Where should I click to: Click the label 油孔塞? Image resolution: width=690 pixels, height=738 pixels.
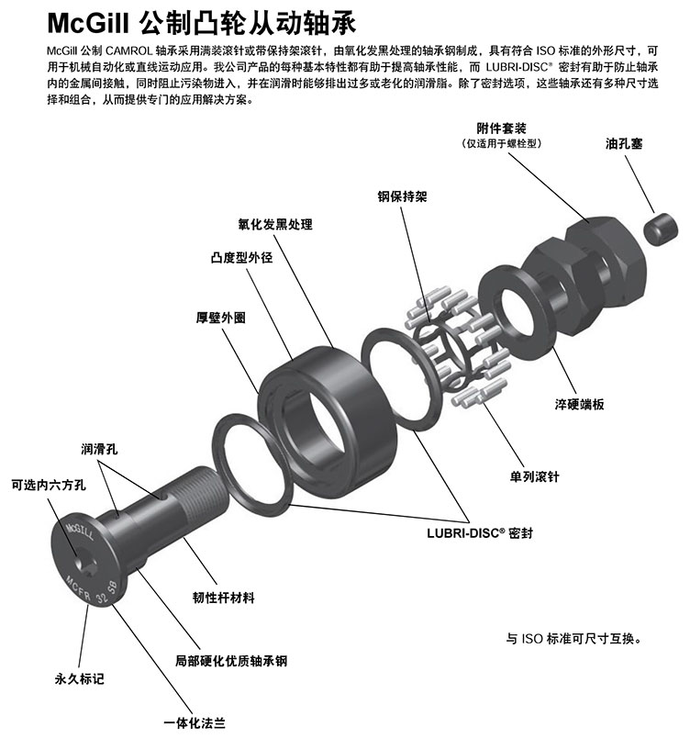click(x=623, y=143)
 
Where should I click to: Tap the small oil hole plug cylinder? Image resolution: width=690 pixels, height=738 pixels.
click(x=661, y=229)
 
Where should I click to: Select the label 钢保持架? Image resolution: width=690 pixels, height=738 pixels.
click(x=402, y=196)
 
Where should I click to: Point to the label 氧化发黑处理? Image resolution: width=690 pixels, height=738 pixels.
click(x=275, y=224)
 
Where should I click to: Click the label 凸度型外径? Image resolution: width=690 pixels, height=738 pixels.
click(x=241, y=257)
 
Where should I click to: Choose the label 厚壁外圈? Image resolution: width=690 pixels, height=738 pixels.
click(x=220, y=318)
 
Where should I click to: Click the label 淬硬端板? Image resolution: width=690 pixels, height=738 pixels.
click(x=579, y=404)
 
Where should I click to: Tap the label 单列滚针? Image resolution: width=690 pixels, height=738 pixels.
click(x=534, y=476)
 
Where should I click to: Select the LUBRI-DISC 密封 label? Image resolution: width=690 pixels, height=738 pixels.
click(x=480, y=532)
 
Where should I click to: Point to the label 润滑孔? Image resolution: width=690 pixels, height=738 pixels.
click(x=99, y=449)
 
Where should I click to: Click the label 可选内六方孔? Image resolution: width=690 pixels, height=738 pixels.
click(x=49, y=485)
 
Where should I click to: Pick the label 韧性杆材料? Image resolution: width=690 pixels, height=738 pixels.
click(x=223, y=598)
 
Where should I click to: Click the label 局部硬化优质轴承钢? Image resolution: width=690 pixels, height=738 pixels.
click(x=231, y=661)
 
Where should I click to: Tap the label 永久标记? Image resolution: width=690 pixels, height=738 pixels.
click(x=79, y=678)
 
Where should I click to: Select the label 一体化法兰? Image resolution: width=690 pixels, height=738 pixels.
click(x=195, y=723)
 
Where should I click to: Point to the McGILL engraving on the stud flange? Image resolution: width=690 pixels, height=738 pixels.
click(x=80, y=531)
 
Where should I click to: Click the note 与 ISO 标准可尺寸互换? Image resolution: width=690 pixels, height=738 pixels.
click(x=573, y=639)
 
